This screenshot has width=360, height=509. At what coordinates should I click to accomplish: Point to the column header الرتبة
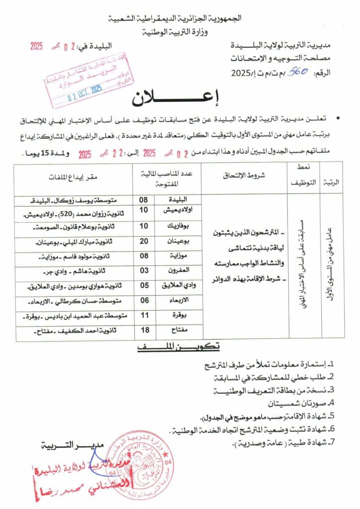click(331, 182)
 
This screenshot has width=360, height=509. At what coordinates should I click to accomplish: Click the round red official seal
click(140, 465)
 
